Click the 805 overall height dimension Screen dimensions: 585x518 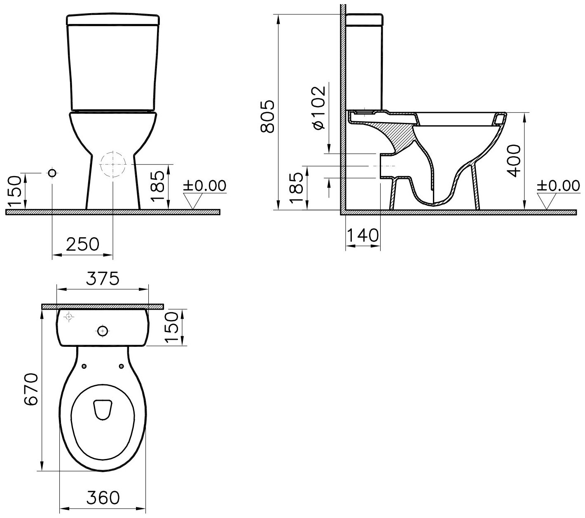pos(267,116)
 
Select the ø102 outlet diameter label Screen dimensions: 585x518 pos(318,107)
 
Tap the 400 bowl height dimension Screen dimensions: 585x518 pos(514,161)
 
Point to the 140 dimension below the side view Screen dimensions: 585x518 pos(363,235)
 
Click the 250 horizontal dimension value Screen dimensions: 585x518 pos(82,244)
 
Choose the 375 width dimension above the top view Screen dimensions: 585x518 pos(103,278)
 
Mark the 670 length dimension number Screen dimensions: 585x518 pos(31,389)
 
